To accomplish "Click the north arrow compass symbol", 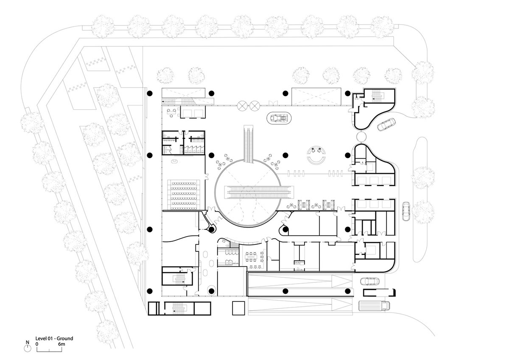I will tap(28, 347).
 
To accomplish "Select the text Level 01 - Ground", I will tap(54, 338).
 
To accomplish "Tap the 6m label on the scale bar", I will tap(62, 344).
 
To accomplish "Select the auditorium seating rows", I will tap(184, 195).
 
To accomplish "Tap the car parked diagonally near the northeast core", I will tap(386, 125).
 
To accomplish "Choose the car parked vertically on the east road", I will tap(406, 212).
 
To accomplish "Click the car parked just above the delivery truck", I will tap(368, 281).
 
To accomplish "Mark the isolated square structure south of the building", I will tap(238, 308).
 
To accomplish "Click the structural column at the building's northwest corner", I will tap(149, 93).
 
